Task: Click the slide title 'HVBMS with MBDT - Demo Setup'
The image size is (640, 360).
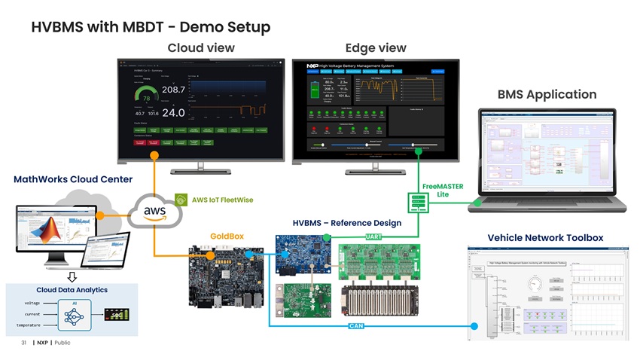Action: click(150, 28)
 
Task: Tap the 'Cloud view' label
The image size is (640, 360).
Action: click(200, 48)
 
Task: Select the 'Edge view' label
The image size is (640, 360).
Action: click(375, 48)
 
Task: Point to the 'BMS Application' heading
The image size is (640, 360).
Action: click(547, 95)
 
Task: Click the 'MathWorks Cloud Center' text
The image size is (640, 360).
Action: click(73, 179)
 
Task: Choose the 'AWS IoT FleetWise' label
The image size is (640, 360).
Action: click(222, 200)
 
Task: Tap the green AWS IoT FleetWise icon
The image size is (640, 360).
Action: click(181, 200)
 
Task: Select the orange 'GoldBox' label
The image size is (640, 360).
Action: click(227, 236)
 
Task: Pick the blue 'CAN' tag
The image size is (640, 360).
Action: click(358, 326)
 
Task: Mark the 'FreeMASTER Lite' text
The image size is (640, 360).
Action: click(443, 191)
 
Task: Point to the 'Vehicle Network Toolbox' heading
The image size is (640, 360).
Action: click(545, 238)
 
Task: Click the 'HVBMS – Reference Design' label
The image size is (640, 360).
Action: click(346, 223)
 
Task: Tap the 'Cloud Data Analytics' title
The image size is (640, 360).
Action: click(72, 290)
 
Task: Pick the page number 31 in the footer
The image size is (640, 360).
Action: click(24, 343)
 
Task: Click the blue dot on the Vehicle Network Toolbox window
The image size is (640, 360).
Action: click(474, 326)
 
